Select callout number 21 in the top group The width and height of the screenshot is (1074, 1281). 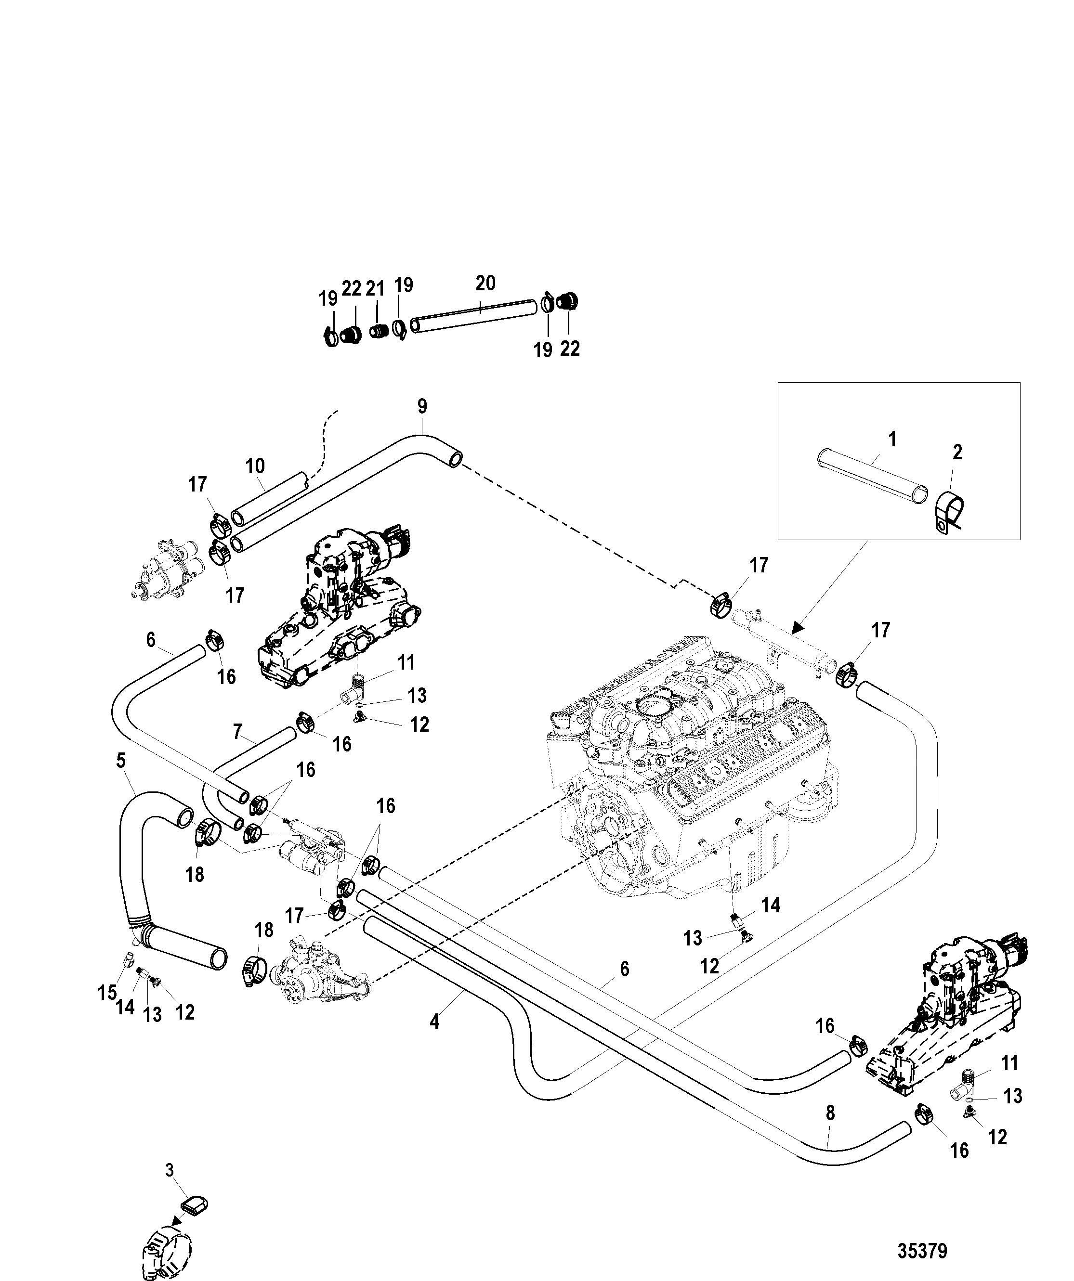tap(375, 289)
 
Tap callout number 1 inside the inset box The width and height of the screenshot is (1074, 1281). tap(892, 439)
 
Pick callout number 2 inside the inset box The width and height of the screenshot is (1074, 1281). tap(957, 452)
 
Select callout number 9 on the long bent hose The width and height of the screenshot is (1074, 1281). tap(422, 406)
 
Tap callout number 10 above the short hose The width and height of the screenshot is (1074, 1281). tap(255, 466)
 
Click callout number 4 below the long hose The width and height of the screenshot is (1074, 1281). tap(434, 1022)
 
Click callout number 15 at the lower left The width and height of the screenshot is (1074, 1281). tap(107, 993)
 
